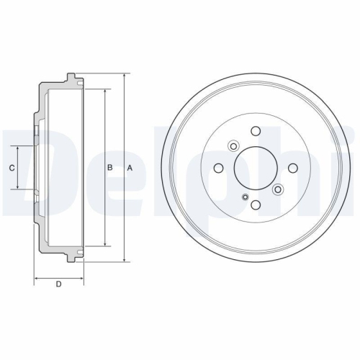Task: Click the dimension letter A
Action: [x=130, y=168]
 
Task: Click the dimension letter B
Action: [x=109, y=168]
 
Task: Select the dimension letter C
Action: [x=12, y=168]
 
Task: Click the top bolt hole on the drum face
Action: [x=256, y=131]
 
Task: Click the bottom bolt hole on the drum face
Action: [x=256, y=205]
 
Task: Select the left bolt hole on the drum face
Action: [x=218, y=168]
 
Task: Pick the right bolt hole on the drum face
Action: [x=293, y=168]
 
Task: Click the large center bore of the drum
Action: [x=256, y=168]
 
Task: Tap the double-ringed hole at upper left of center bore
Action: [x=233, y=147]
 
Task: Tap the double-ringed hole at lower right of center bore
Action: [x=278, y=189]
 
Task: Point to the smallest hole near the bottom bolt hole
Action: [x=246, y=198]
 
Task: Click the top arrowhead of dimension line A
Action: [x=125, y=76]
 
